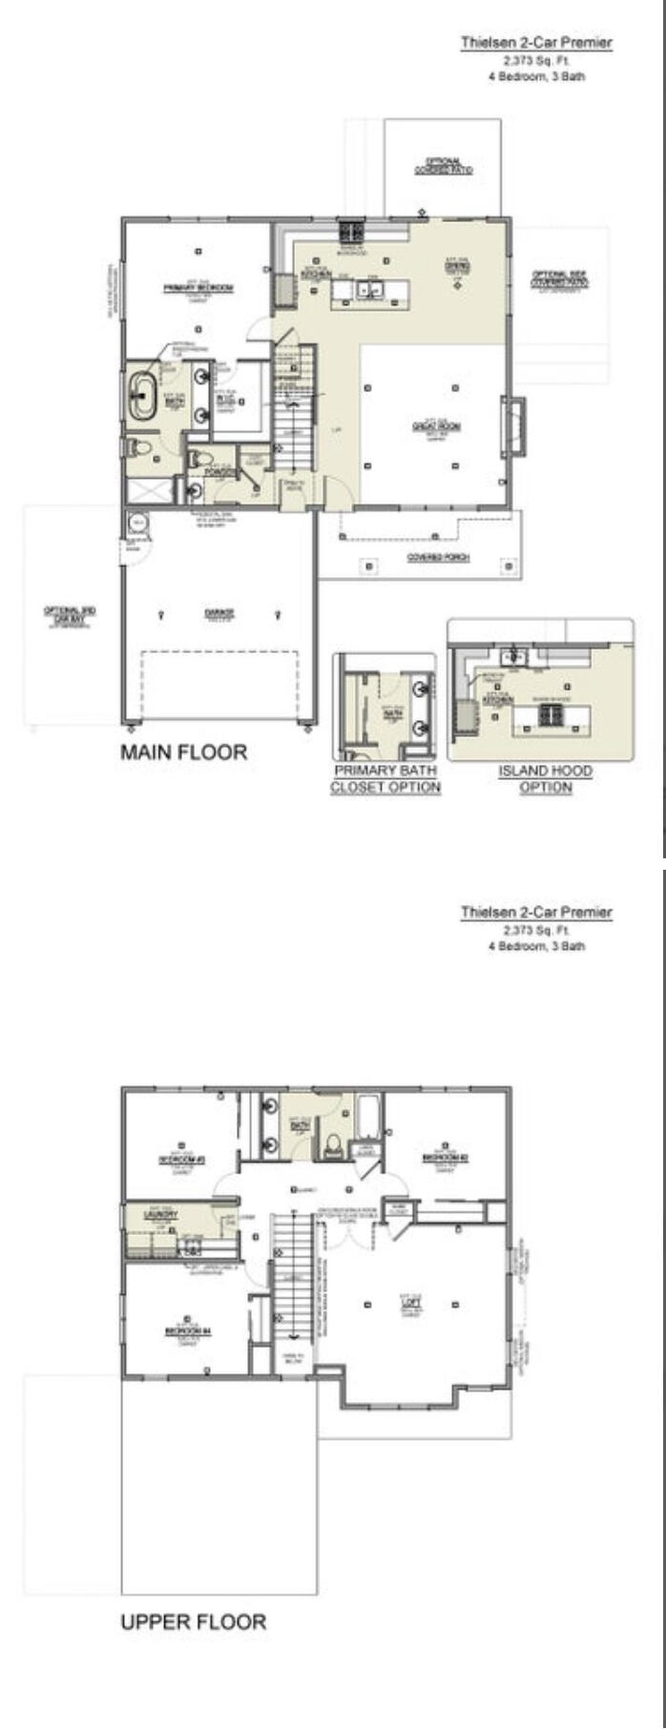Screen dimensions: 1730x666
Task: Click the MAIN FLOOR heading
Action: click(183, 752)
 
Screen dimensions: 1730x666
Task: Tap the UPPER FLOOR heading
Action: click(193, 1621)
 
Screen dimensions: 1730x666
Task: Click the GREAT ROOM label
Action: click(436, 425)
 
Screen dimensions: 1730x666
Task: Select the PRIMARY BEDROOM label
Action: click(198, 287)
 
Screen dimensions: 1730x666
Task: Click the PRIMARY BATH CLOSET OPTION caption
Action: click(385, 778)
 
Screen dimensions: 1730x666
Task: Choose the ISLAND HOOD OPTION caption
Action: click(545, 778)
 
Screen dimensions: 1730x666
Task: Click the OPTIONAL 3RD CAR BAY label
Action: click(71, 614)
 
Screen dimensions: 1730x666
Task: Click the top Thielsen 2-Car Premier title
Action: click(536, 42)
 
